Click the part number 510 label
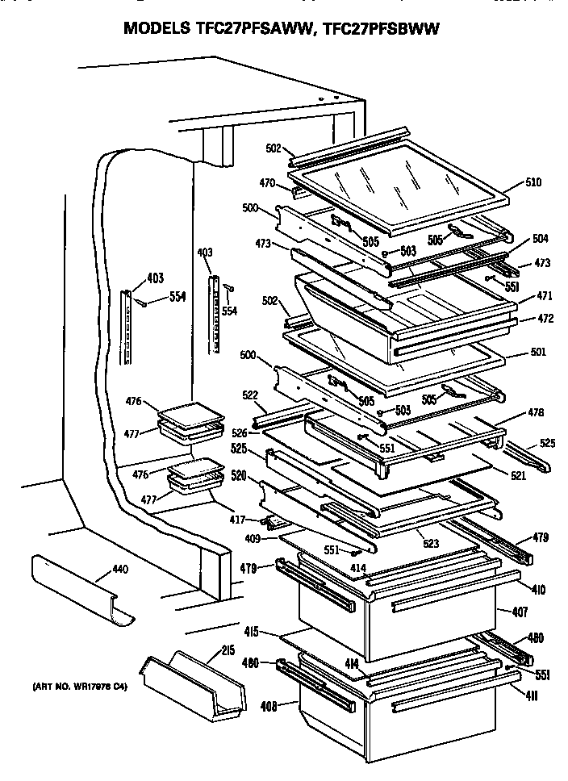tap(533, 182)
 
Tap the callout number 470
tap(267, 183)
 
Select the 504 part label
tap(540, 238)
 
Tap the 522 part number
tap(250, 395)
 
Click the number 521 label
tap(517, 476)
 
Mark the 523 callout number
tap(431, 544)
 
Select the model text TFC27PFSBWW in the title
tap(378, 30)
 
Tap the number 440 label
tap(119, 570)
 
